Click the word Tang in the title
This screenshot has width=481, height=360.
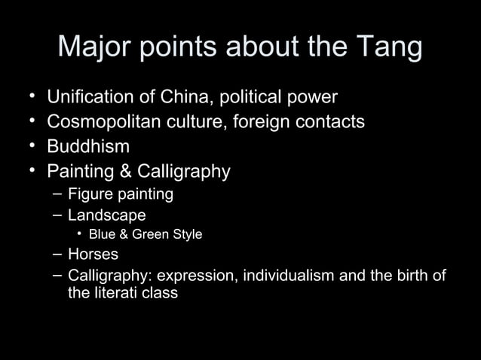coord(387,48)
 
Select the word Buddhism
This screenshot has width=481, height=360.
coord(88,147)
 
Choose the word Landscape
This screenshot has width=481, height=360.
coord(106,215)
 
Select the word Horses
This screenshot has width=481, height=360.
coord(93,255)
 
